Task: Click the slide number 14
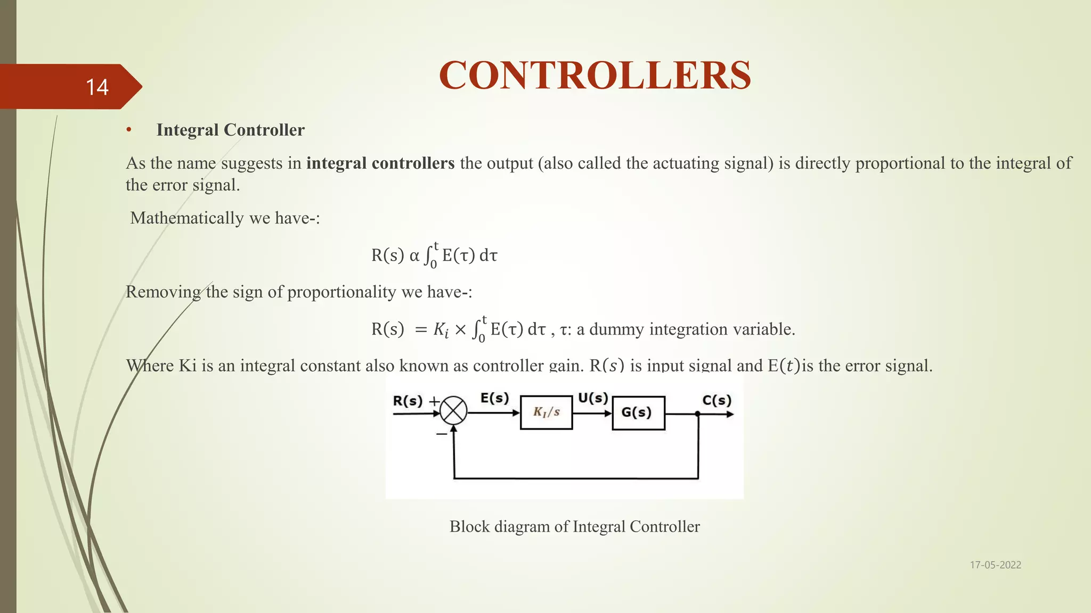[x=97, y=87]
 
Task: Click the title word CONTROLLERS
[x=595, y=76]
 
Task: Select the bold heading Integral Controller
[x=230, y=130]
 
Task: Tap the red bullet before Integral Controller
[x=129, y=130]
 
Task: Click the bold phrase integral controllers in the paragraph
[x=380, y=163]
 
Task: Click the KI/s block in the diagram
[x=547, y=412]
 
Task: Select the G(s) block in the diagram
[x=638, y=412]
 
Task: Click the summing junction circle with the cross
[x=453, y=411]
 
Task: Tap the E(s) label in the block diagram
[x=494, y=398]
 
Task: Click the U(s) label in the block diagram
[x=593, y=398]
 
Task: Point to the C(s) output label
[x=717, y=400]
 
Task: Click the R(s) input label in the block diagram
[x=408, y=401]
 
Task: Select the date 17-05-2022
[x=995, y=565]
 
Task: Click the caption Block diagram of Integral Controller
[x=574, y=526]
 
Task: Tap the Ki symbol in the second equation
[x=441, y=330]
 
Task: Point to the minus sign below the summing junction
[x=442, y=434]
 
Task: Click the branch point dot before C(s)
[x=698, y=413]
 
